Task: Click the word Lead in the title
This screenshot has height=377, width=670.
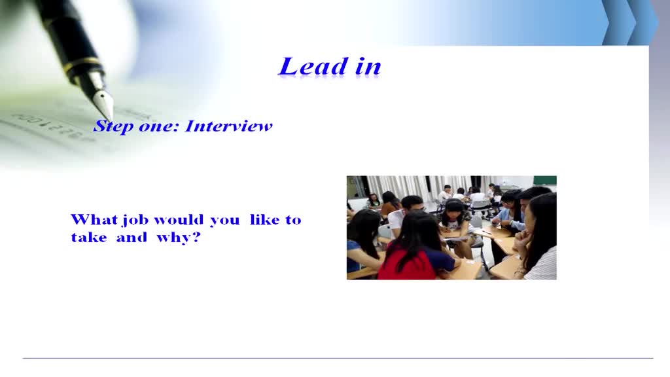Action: pyautogui.click(x=313, y=66)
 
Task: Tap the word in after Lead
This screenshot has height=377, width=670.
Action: pyautogui.click(x=368, y=67)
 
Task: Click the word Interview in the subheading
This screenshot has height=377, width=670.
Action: pyautogui.click(x=228, y=126)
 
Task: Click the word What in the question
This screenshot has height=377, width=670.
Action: pyautogui.click(x=94, y=219)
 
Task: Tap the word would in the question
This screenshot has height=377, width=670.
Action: pyautogui.click(x=179, y=220)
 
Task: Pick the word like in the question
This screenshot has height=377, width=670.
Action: pyautogui.click(x=264, y=219)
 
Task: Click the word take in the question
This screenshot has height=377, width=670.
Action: pyautogui.click(x=88, y=237)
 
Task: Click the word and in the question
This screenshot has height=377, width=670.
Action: pyautogui.click(x=131, y=237)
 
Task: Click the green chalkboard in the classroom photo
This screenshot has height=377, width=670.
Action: pyautogui.click(x=544, y=180)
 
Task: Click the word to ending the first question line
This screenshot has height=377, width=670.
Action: pyautogui.click(x=293, y=220)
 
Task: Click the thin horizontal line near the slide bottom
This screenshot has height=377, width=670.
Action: pyautogui.click(x=338, y=358)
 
